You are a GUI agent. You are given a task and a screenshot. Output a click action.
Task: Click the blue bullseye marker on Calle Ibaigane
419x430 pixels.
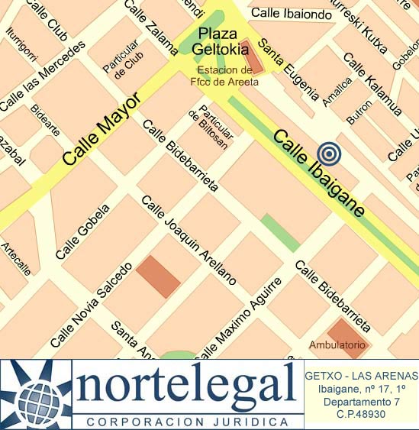tap(329, 154)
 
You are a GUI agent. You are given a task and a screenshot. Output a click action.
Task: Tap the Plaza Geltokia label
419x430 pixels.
tap(223, 42)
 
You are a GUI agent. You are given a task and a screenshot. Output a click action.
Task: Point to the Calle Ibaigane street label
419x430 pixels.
tap(319, 173)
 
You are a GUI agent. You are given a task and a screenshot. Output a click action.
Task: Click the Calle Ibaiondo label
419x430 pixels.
tap(292, 13)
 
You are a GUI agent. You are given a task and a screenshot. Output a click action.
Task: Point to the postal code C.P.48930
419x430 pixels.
tap(361, 414)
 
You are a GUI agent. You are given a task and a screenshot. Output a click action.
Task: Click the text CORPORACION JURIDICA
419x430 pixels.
tap(187, 422)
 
